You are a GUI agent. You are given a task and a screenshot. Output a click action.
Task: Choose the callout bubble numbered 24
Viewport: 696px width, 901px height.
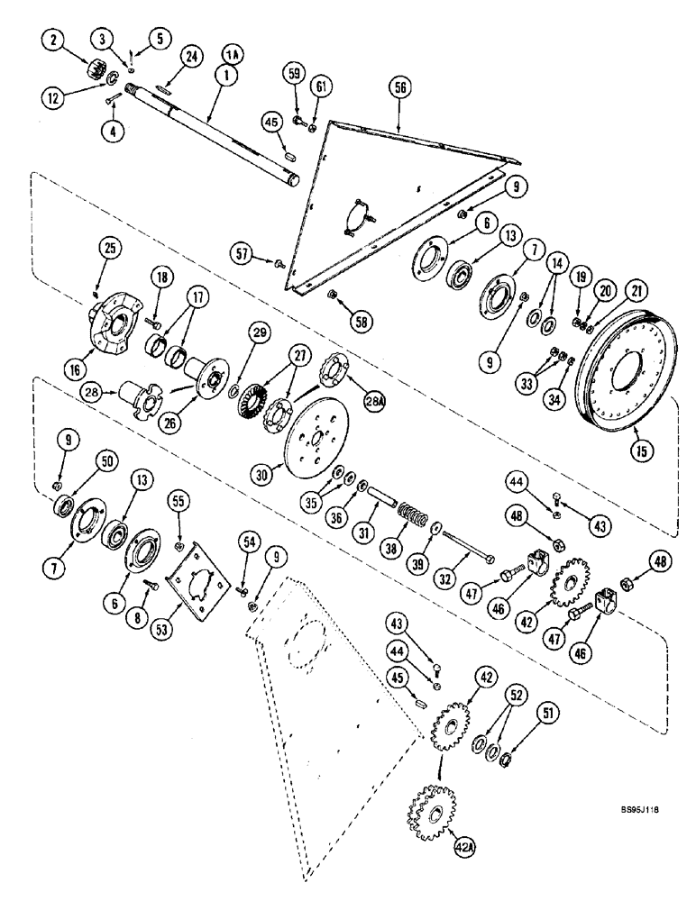tap(190, 57)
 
